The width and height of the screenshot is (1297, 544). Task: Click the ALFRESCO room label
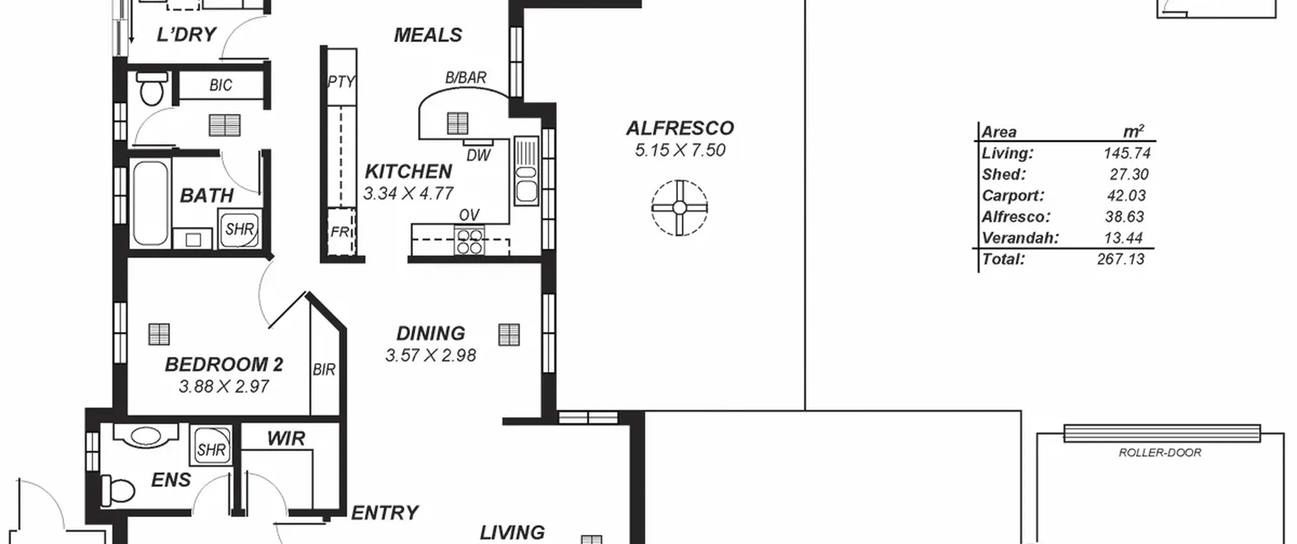coord(680,129)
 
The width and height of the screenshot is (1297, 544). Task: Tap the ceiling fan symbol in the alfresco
coord(679,208)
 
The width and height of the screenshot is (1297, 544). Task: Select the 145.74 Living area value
coord(1127,153)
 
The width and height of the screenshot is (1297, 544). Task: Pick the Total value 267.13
coord(1121,260)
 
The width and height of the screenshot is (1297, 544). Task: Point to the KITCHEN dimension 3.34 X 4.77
coord(408,193)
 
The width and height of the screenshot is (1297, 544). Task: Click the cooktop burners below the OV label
coord(469,242)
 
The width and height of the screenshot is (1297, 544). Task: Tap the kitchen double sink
coord(526,171)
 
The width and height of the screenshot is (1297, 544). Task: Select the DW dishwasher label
coord(478,155)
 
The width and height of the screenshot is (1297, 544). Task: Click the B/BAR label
coord(466,77)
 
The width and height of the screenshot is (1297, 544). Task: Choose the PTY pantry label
coord(341,81)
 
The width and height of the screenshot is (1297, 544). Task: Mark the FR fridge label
coord(339,232)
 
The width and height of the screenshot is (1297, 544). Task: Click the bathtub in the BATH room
coord(150,203)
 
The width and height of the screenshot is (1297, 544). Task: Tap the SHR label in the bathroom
coord(240,229)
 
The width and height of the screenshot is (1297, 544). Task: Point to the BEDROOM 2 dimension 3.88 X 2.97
coord(223,387)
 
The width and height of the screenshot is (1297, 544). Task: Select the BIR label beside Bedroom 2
coord(324,370)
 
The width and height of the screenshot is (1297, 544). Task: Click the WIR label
coord(286,439)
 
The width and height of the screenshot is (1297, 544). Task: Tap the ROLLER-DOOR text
coord(1160,453)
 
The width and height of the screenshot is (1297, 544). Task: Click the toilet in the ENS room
coord(118,490)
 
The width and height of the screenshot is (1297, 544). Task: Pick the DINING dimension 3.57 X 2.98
coord(431,355)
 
